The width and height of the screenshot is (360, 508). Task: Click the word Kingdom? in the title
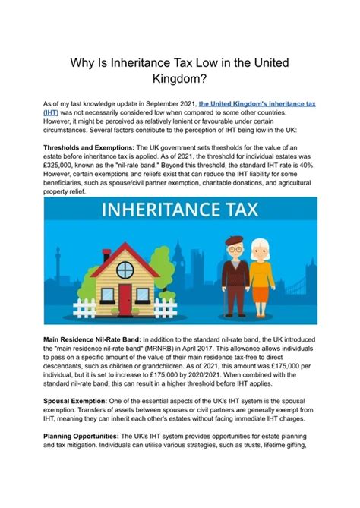click(x=180, y=77)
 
